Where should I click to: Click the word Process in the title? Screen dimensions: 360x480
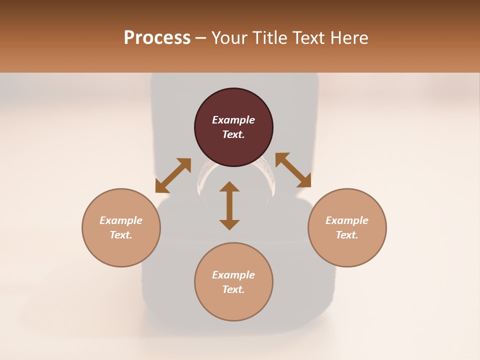click(157, 38)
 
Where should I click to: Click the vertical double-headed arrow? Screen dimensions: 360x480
click(229, 205)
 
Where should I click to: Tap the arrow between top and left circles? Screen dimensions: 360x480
click(173, 175)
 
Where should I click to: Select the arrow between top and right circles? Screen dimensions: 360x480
click(293, 170)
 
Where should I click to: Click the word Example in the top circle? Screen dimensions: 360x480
click(233, 120)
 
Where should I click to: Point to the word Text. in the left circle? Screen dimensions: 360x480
click(121, 235)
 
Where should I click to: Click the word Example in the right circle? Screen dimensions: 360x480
click(347, 220)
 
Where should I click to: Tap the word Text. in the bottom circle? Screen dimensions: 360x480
click(233, 289)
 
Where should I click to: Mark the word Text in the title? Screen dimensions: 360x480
click(310, 38)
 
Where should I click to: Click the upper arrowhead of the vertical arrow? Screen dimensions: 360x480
click(229, 186)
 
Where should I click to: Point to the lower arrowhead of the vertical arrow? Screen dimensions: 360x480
click(229, 224)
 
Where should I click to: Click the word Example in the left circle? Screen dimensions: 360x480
click(121, 220)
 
